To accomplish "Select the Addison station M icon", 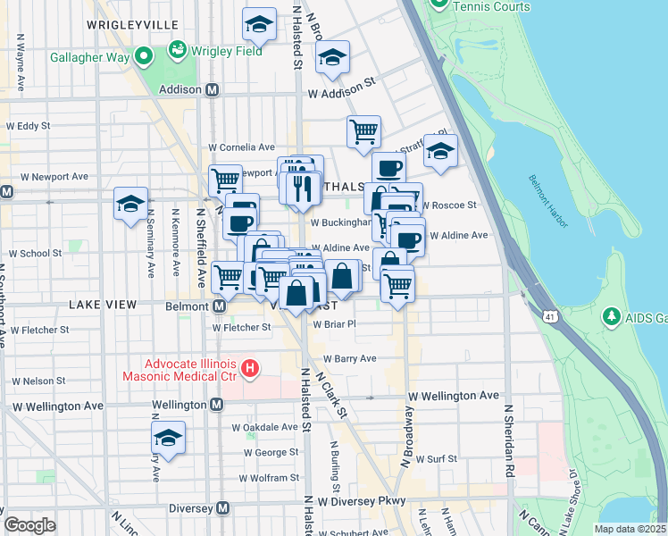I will (213, 89).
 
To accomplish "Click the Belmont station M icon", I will (219, 306).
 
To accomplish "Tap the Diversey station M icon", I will (223, 508).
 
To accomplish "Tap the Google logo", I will (29, 524).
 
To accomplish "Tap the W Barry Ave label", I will (349, 358).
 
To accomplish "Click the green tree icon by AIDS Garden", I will (612, 317).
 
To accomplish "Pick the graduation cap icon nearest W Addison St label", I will (332, 58).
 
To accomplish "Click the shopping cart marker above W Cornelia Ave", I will (363, 131).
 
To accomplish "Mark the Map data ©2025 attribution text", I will (630, 529).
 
